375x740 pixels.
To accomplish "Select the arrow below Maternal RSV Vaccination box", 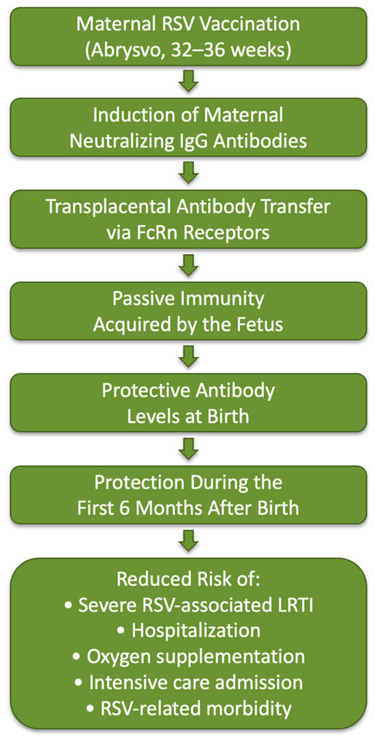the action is point(188,82).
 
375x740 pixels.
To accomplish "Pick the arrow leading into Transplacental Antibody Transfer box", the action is point(188,174).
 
